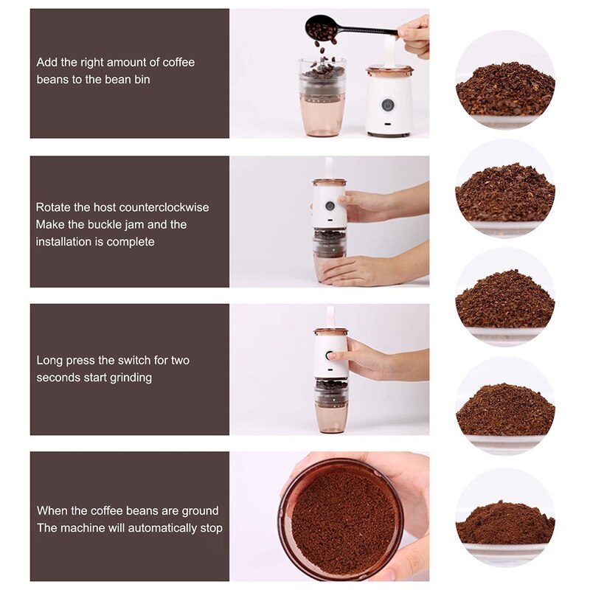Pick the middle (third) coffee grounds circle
click(x=504, y=298)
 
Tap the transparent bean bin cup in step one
click(x=322, y=100)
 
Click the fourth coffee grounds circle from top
click(x=504, y=408)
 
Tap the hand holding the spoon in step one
click(x=414, y=35)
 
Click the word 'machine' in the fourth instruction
click(x=81, y=528)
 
